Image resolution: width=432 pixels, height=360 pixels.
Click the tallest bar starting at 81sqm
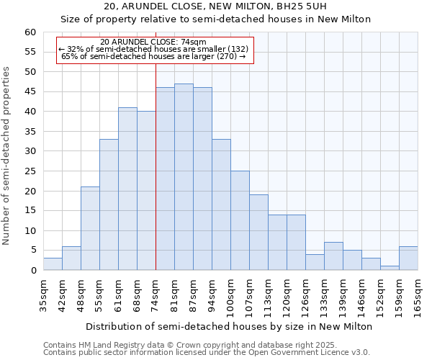click(184, 177)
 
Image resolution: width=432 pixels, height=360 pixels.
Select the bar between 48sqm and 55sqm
click(90, 228)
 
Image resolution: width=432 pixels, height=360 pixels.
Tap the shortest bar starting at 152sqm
click(390, 268)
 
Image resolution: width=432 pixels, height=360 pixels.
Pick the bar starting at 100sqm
click(240, 220)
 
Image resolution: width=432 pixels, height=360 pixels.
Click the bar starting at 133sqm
click(333, 256)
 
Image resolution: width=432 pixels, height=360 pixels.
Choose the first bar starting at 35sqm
click(53, 264)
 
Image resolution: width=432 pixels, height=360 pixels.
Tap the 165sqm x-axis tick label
click(418, 296)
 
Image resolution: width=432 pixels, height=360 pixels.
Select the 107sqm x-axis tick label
click(249, 296)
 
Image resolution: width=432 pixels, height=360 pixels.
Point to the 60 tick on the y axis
click(30, 32)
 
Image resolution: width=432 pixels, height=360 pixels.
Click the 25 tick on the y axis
click(30, 171)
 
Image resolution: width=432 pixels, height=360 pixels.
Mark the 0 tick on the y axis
click(32, 271)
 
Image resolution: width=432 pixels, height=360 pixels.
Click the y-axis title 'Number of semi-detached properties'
click(7, 156)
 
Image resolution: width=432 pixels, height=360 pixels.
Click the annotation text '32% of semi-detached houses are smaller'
click(155, 49)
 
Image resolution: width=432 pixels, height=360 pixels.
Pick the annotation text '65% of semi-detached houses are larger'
click(153, 56)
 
